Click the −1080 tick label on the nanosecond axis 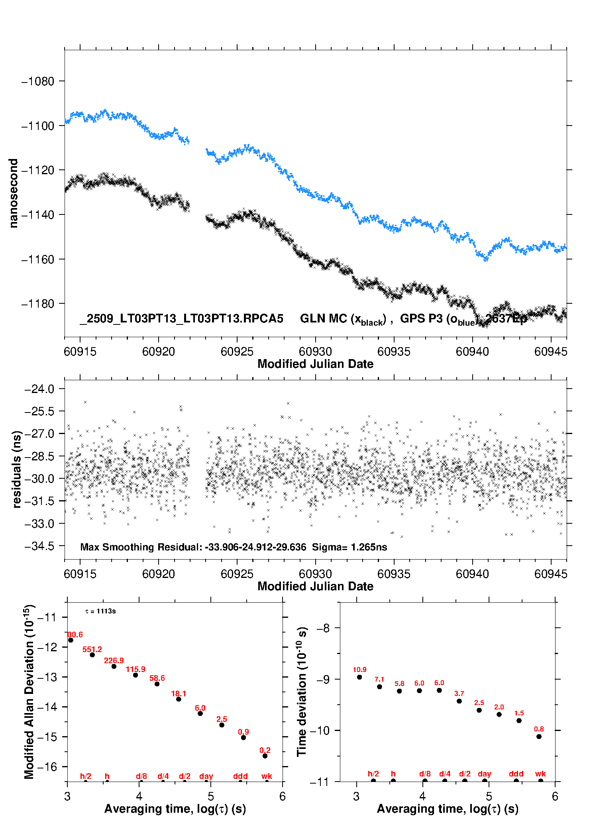37,81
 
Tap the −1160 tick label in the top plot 37,259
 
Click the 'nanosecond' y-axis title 14,193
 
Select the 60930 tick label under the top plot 315,352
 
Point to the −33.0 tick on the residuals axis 39,523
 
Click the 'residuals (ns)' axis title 16,469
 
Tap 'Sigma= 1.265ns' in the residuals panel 349,547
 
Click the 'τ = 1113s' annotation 100,611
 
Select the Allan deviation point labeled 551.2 92,654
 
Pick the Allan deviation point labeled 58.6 157,684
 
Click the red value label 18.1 179,694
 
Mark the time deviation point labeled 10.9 359,677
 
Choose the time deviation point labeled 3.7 459,701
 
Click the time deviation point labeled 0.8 539,736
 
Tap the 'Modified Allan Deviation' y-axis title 29,692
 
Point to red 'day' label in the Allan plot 206,776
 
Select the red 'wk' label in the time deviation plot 540,774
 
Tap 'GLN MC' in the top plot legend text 323,318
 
